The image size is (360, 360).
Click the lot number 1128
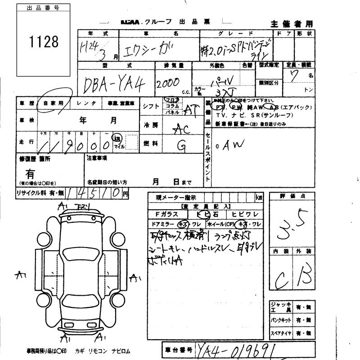[44, 42]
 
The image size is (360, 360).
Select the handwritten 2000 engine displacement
[168, 83]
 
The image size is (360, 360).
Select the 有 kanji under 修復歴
[30, 174]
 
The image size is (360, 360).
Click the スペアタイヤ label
[281, 333]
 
